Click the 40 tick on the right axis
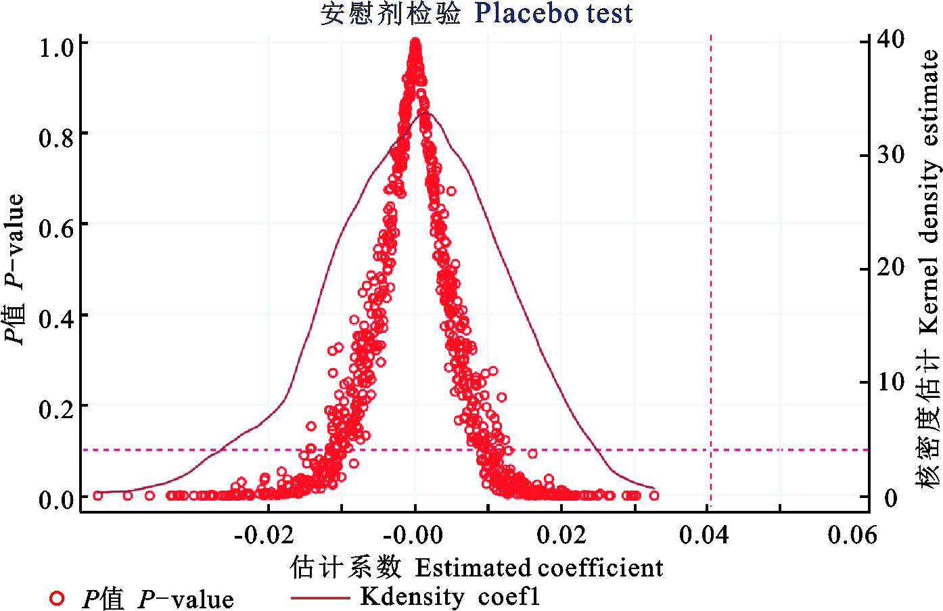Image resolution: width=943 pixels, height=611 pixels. tap(891, 39)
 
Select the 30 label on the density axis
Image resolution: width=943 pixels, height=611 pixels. tap(891, 155)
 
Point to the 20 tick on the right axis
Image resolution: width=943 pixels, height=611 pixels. tap(891, 268)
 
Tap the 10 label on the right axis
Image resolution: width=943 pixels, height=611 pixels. tap(891, 382)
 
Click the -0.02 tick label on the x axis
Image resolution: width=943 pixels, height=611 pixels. tap(264, 535)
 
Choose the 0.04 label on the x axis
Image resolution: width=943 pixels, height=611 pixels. tap(704, 535)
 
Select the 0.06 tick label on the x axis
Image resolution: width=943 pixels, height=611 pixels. tap(852, 535)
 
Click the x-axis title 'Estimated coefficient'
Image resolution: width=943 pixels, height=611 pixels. tap(538, 568)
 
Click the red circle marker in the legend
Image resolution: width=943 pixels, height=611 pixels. tap(57, 598)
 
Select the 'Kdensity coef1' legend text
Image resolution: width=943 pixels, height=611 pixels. tap(450, 597)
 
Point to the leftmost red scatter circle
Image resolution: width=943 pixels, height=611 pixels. tap(97, 495)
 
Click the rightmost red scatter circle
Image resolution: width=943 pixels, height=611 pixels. tap(653, 495)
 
